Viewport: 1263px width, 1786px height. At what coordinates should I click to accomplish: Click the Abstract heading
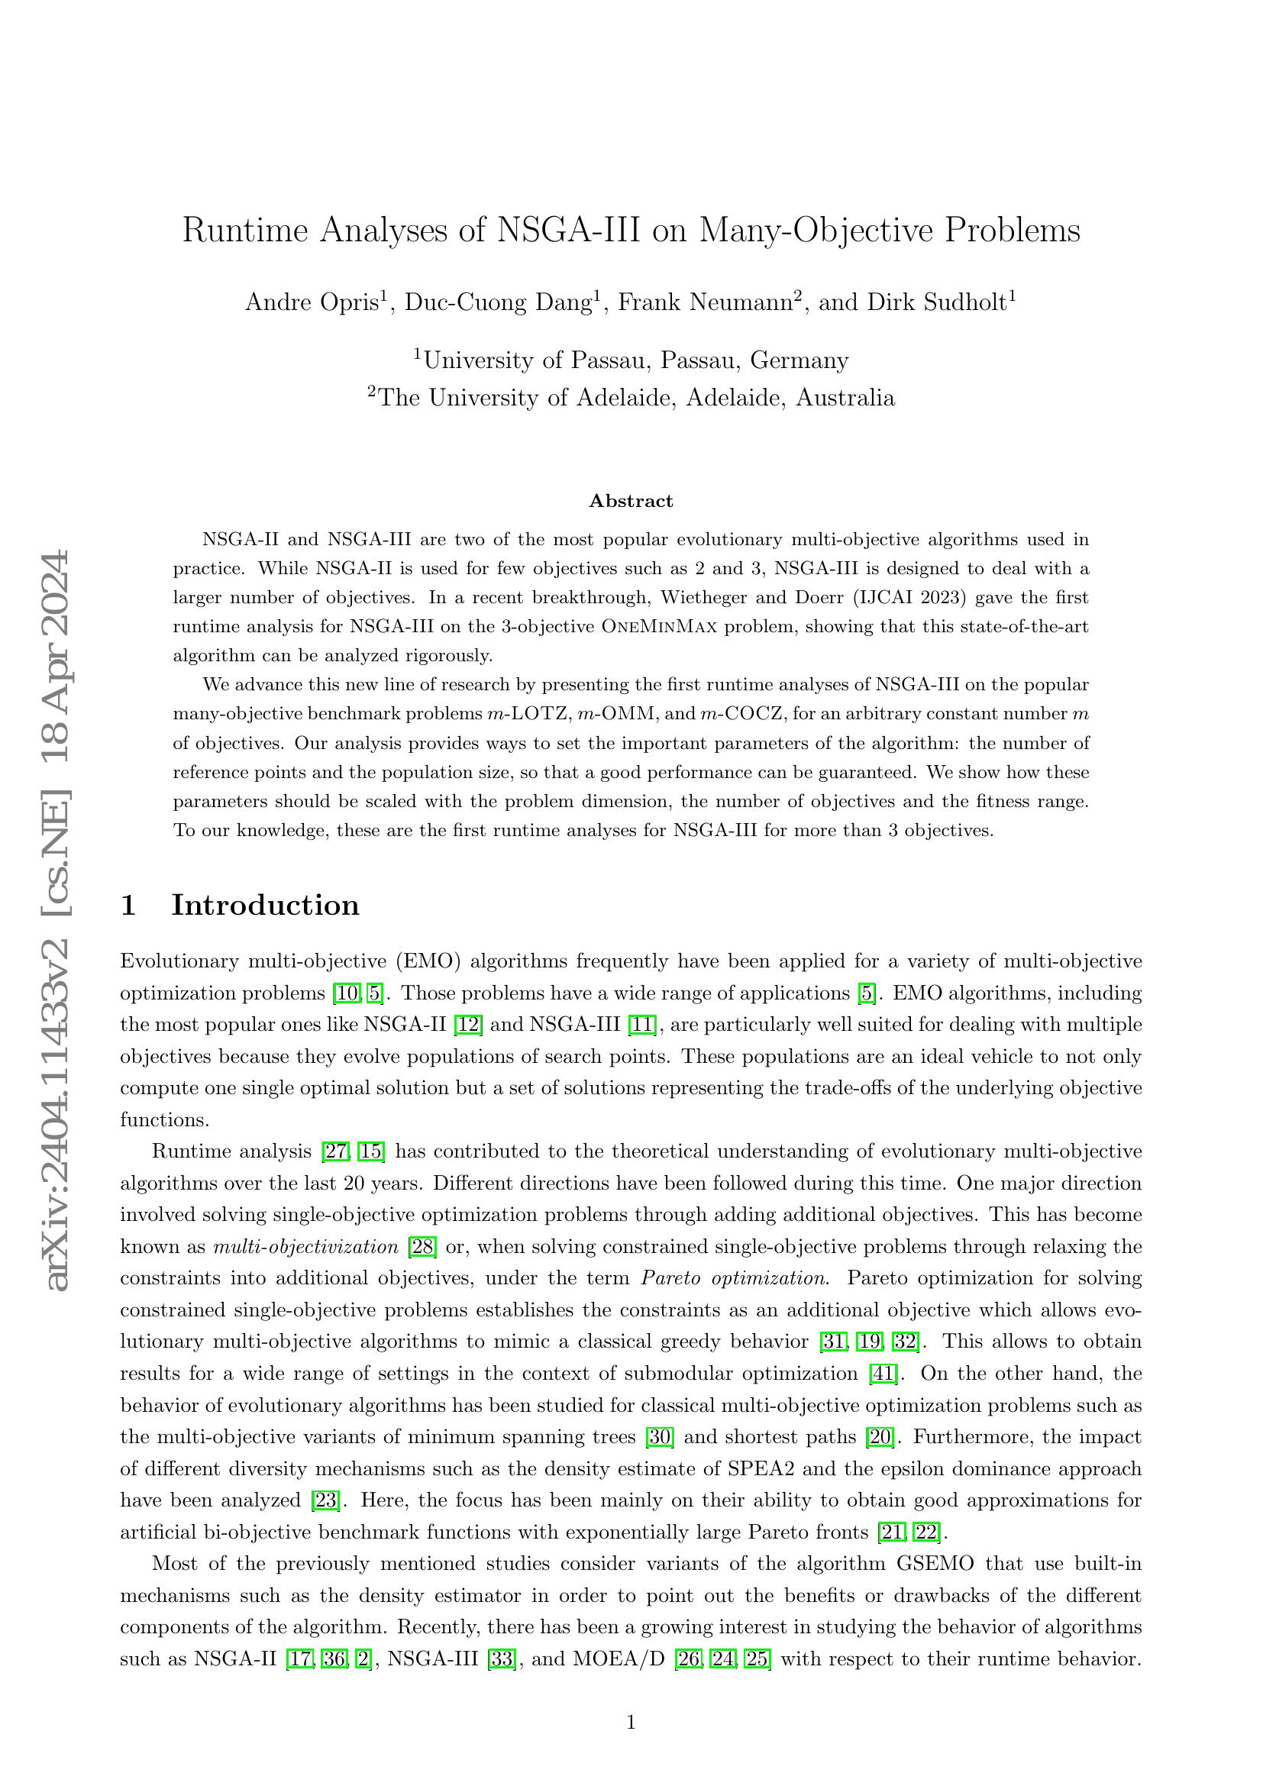tap(631, 501)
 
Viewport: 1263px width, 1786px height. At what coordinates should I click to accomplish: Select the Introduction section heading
tap(264, 905)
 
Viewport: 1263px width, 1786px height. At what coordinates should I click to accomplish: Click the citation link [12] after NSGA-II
tap(468, 1025)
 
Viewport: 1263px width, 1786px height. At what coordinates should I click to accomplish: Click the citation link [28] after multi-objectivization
tap(423, 1247)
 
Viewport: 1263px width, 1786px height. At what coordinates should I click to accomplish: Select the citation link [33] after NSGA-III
tap(502, 1659)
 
